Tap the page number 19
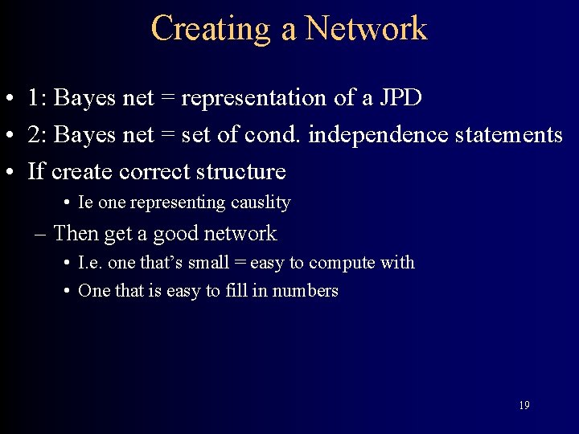click(524, 405)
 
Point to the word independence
click(377, 135)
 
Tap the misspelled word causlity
click(259, 203)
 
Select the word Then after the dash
click(76, 234)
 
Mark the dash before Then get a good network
click(42, 235)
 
